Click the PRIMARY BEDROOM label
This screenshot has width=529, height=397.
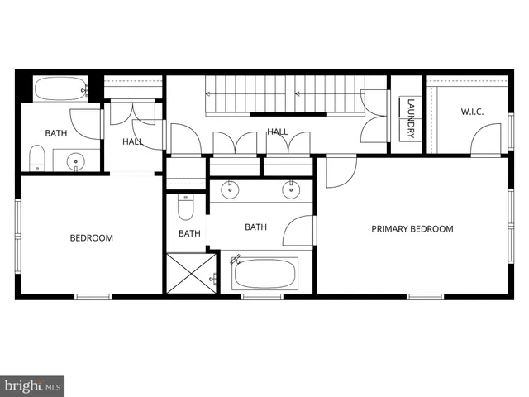point(412,229)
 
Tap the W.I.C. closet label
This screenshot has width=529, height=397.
point(471,112)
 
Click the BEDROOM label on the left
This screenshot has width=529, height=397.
point(91,238)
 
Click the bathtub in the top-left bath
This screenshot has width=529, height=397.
point(60,88)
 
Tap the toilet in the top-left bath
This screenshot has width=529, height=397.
point(36,157)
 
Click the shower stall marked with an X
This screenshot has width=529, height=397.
point(191,273)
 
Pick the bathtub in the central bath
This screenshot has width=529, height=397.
point(264,273)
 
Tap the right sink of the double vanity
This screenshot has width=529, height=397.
point(291,189)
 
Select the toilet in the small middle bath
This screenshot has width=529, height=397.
point(184,206)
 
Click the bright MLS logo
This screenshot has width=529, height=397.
point(32,385)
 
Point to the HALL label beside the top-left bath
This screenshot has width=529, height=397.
point(132,141)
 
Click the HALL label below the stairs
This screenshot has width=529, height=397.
point(277,132)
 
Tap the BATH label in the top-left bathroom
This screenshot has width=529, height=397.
point(56,133)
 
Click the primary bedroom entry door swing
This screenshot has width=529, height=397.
point(339,170)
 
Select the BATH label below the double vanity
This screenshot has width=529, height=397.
point(255,227)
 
